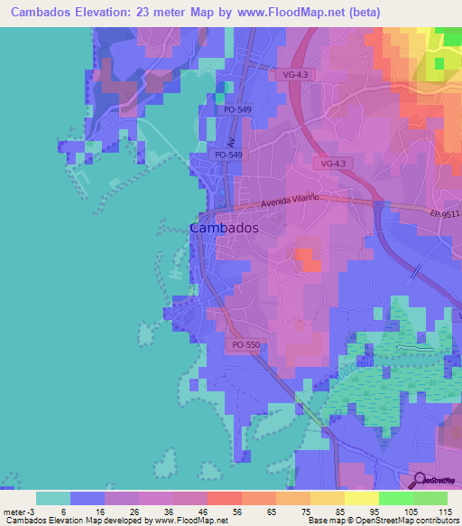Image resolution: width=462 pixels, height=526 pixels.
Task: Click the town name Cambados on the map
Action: [x=224, y=229]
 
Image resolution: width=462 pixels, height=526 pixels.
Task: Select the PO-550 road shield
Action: [x=245, y=344]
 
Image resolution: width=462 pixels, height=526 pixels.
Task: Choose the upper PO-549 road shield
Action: [x=238, y=110]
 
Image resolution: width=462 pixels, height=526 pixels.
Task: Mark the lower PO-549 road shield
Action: [x=227, y=155]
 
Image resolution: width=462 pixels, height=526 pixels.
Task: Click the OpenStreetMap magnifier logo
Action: [x=419, y=479]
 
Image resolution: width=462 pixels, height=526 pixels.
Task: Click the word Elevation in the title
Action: [x=107, y=13]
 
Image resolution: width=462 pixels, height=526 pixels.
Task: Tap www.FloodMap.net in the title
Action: [x=295, y=13]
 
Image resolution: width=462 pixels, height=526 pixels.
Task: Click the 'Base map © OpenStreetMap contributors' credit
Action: [x=382, y=521]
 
